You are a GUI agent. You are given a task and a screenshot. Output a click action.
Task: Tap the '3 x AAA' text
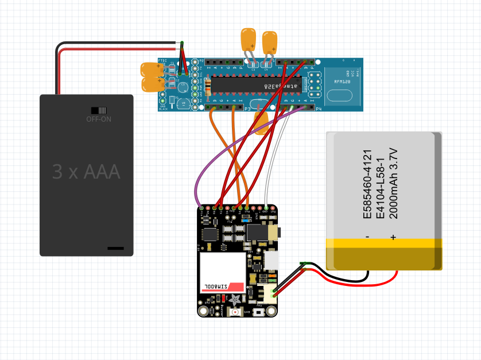point(86,172)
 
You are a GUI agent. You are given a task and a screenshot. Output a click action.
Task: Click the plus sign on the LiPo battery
point(394,237)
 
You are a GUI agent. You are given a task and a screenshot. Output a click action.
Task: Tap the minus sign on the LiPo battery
point(367,237)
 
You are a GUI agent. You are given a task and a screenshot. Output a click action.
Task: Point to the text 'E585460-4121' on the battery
point(368,184)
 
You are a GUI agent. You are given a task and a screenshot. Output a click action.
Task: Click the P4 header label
point(319,109)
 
